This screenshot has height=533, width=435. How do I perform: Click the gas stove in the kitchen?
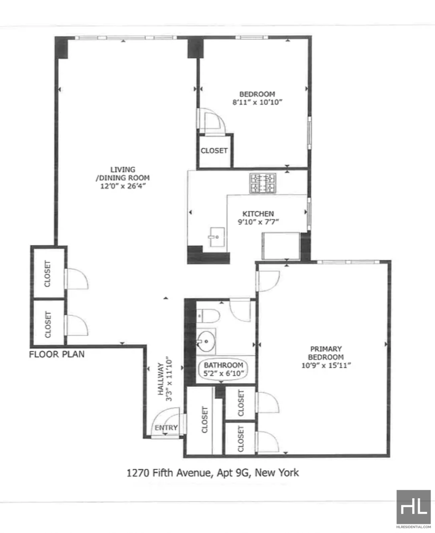263,183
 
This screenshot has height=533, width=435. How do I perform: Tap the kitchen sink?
216,237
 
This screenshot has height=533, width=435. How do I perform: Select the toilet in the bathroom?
208,316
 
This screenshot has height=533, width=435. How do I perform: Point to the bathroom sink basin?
206,342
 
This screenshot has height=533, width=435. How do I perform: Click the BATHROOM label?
223,365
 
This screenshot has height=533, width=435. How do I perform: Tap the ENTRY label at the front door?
166,427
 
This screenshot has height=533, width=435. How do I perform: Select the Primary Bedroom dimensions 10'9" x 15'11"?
326,365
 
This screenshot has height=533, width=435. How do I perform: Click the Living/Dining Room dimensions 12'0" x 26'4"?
123,186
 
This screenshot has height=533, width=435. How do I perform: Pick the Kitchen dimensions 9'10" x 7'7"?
258,222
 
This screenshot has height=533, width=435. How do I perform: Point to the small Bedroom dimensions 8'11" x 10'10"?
258,102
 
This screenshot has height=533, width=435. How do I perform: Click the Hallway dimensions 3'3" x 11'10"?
169,379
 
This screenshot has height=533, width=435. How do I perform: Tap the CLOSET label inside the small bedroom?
214,151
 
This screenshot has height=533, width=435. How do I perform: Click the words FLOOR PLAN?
57,354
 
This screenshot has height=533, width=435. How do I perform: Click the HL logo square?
414,507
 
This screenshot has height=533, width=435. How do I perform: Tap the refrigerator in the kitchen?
281,246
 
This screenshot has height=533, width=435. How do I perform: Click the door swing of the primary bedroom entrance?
269,281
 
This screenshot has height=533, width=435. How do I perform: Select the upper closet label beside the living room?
47,274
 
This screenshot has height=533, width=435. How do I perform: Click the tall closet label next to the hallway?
204,419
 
